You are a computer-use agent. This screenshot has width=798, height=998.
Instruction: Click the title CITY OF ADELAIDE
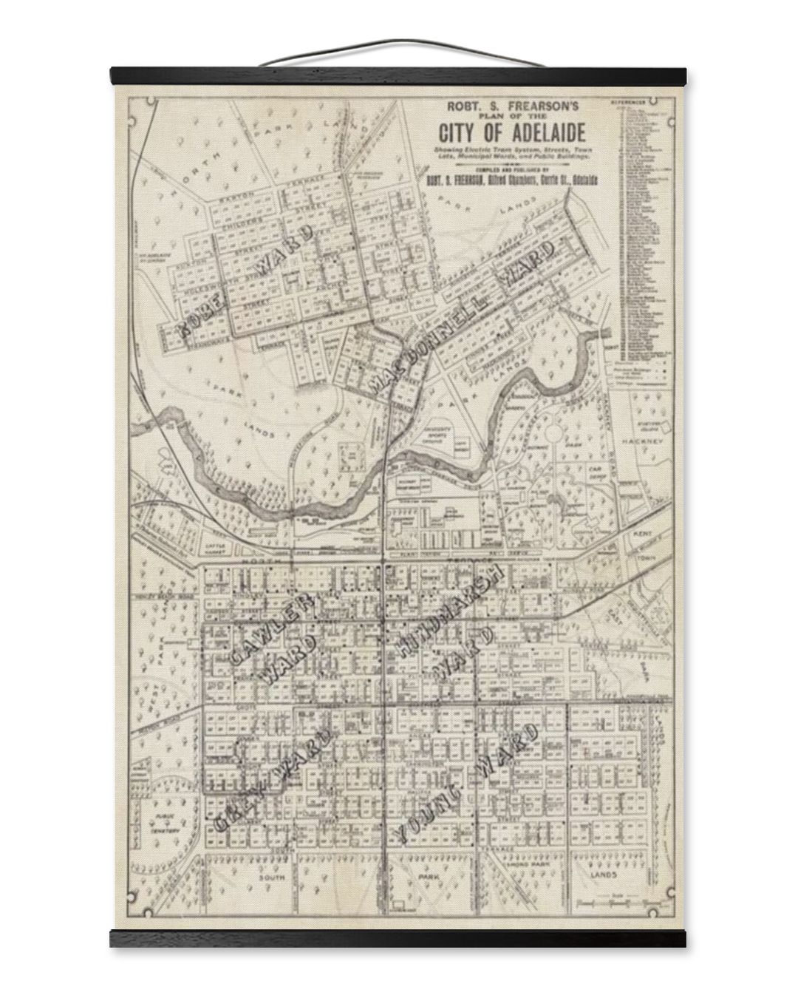pos(513,134)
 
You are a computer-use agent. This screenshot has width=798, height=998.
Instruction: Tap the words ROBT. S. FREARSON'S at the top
pos(513,106)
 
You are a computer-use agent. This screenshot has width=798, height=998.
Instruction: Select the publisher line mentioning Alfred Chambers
pos(513,180)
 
